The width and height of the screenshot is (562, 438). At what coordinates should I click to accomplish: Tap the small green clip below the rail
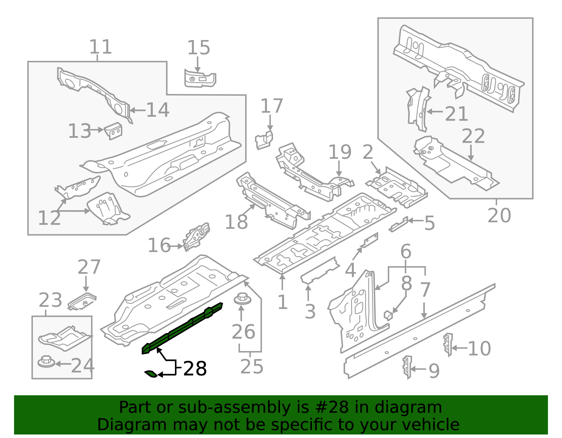click(151, 374)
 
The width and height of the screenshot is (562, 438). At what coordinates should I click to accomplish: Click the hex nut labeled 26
click(242, 299)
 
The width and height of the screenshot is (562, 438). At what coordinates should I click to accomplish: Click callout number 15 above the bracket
click(198, 48)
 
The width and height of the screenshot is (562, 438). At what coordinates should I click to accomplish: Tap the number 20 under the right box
click(499, 215)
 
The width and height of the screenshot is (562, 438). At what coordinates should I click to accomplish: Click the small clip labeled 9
click(407, 367)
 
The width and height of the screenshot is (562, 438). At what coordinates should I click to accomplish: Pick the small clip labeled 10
click(448, 344)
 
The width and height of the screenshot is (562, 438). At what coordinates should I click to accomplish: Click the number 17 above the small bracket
click(272, 106)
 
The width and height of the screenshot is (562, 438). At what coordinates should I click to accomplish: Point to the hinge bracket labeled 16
click(197, 236)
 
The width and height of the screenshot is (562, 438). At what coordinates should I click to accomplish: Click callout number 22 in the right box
click(473, 136)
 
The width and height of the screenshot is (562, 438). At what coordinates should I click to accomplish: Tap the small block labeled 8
click(388, 315)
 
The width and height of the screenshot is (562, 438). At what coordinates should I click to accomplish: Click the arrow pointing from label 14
click(137, 110)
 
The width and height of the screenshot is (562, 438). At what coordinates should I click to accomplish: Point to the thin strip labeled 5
click(398, 225)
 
